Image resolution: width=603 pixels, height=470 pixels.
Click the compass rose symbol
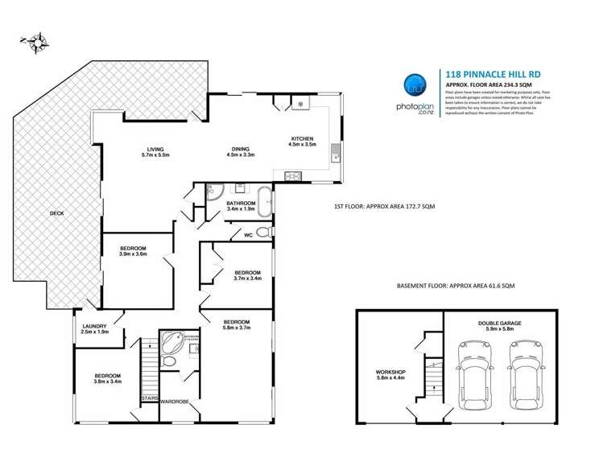(37, 43)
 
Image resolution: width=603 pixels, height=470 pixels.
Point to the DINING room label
(240, 149)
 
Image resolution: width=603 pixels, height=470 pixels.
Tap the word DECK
(56, 213)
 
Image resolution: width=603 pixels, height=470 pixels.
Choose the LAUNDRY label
(94, 325)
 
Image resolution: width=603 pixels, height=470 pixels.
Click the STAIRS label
(148, 397)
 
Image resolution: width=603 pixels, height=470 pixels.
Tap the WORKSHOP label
(391, 372)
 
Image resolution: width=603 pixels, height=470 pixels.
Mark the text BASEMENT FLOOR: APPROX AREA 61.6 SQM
(455, 287)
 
